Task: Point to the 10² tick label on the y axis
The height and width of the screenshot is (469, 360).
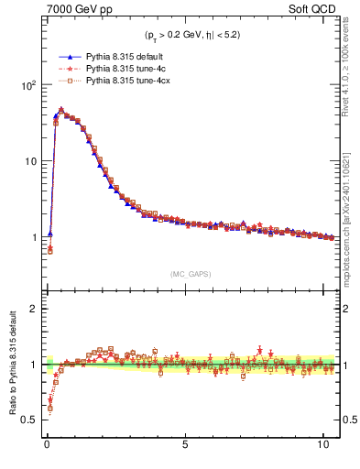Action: pyautogui.click(x=27, y=84)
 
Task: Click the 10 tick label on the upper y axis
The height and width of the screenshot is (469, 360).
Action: pyautogui.click(x=30, y=161)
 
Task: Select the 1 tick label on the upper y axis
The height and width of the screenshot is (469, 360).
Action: pyautogui.click(x=33, y=237)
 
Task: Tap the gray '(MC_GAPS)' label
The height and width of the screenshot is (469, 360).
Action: pyautogui.click(x=189, y=273)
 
